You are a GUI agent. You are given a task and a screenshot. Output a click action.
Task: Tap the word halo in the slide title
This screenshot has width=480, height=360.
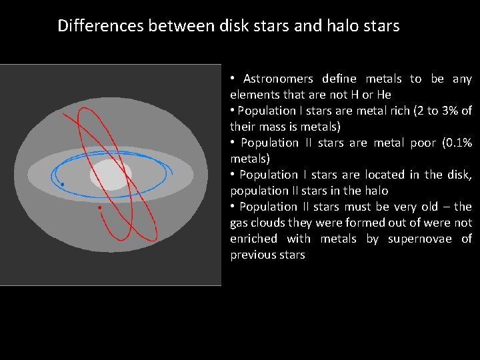click(342, 26)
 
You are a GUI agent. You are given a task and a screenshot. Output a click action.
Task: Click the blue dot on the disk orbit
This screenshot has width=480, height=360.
click(62, 184)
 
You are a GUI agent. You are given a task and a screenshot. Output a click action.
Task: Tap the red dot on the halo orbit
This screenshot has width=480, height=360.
click(99, 208)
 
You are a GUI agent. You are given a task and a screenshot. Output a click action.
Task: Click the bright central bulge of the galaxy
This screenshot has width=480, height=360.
click(111, 175)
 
